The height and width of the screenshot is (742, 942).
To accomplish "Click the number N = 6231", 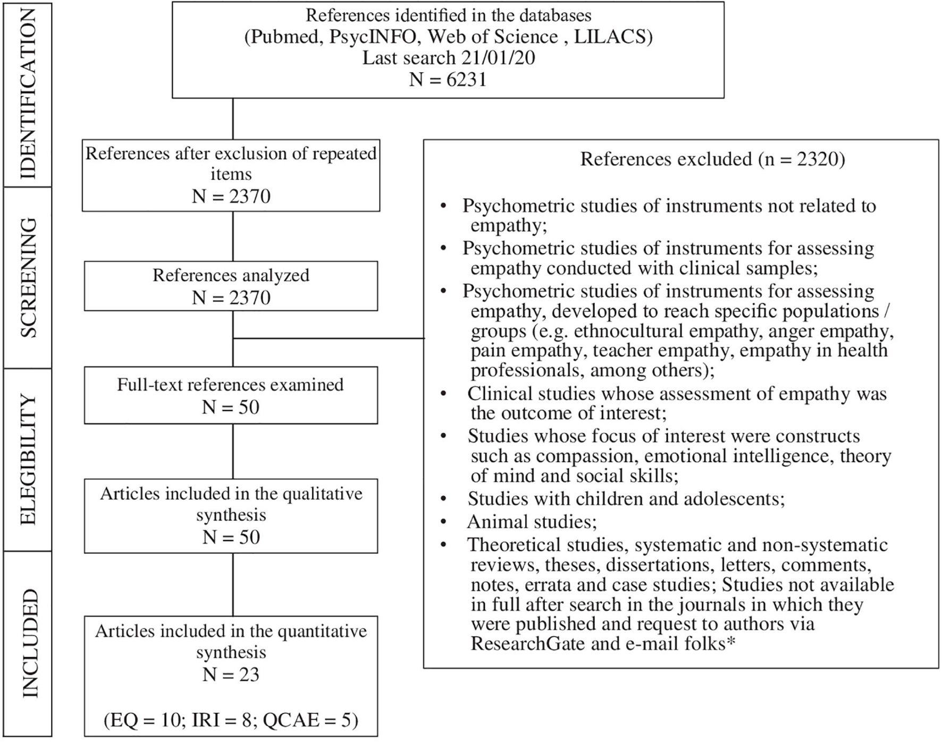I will point(448,80).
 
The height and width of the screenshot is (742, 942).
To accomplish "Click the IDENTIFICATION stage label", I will point(28,94).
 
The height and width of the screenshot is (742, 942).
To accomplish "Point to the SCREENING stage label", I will point(28,277).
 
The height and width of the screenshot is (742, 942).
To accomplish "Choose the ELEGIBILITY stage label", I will point(28,459).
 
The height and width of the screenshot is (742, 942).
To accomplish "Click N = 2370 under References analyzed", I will point(231,298).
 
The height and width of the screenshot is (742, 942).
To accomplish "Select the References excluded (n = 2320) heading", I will point(712,159).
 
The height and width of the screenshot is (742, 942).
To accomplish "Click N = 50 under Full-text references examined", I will point(231,407).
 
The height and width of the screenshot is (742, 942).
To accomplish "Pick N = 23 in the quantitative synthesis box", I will point(231,675).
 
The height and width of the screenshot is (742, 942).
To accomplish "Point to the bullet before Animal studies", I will point(444,522).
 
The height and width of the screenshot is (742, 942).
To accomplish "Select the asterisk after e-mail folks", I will point(731,642).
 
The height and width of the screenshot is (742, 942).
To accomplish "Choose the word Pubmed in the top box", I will point(284,37).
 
